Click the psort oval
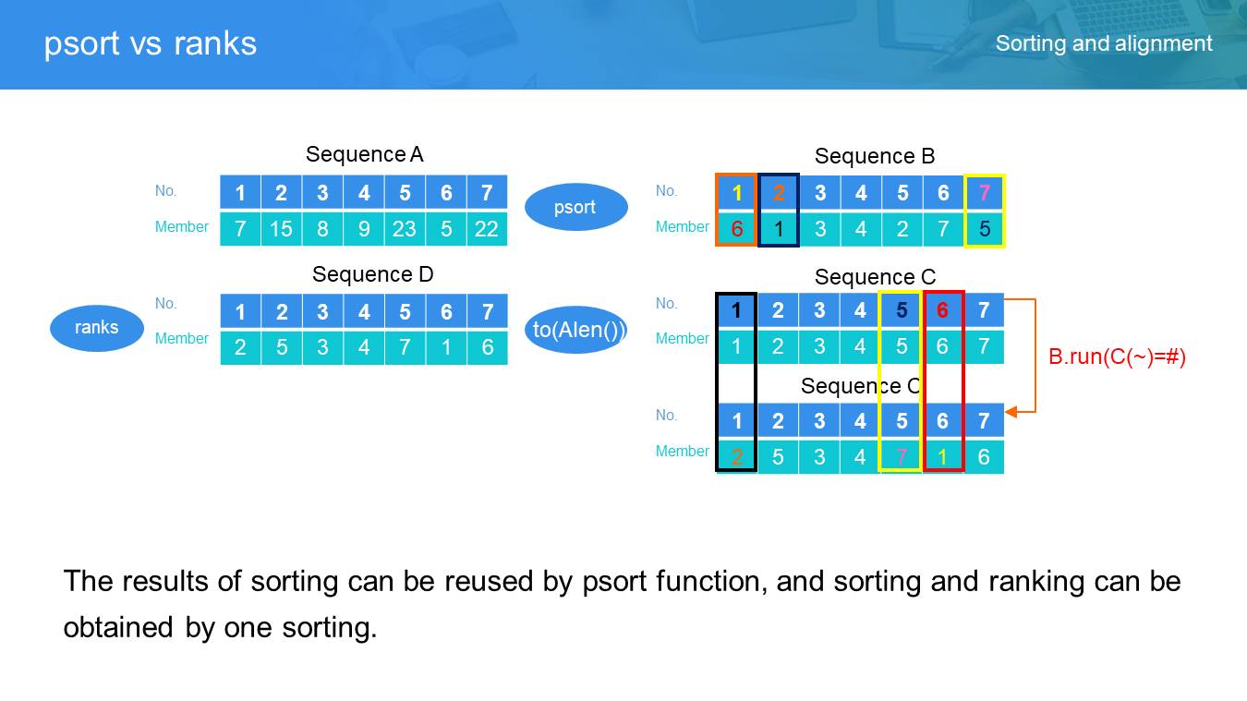pyautogui.click(x=575, y=208)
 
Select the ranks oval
pyautogui.click(x=97, y=327)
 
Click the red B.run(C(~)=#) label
pyautogui.click(x=1117, y=357)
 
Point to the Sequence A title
pyautogui.click(x=364, y=154)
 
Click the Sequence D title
pyautogui.click(x=372, y=274)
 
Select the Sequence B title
pyautogui.click(x=874, y=156)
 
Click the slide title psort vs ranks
pyautogui.click(x=151, y=43)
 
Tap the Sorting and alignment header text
pyautogui.click(x=1104, y=43)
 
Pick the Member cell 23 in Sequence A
pyautogui.click(x=405, y=228)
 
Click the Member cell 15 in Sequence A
pyautogui.click(x=281, y=228)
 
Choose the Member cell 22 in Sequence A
pyautogui.click(x=487, y=228)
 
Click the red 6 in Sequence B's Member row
pyautogui.click(x=736, y=229)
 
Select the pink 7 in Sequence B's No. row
pyautogui.click(x=984, y=193)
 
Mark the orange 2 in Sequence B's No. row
pyautogui.click(x=778, y=193)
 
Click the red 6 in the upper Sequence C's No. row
pyautogui.click(x=942, y=310)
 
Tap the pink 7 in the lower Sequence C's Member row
pyautogui.click(x=901, y=457)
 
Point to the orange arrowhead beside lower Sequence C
pyautogui.click(x=1011, y=412)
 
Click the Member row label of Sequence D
pyautogui.click(x=182, y=339)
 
